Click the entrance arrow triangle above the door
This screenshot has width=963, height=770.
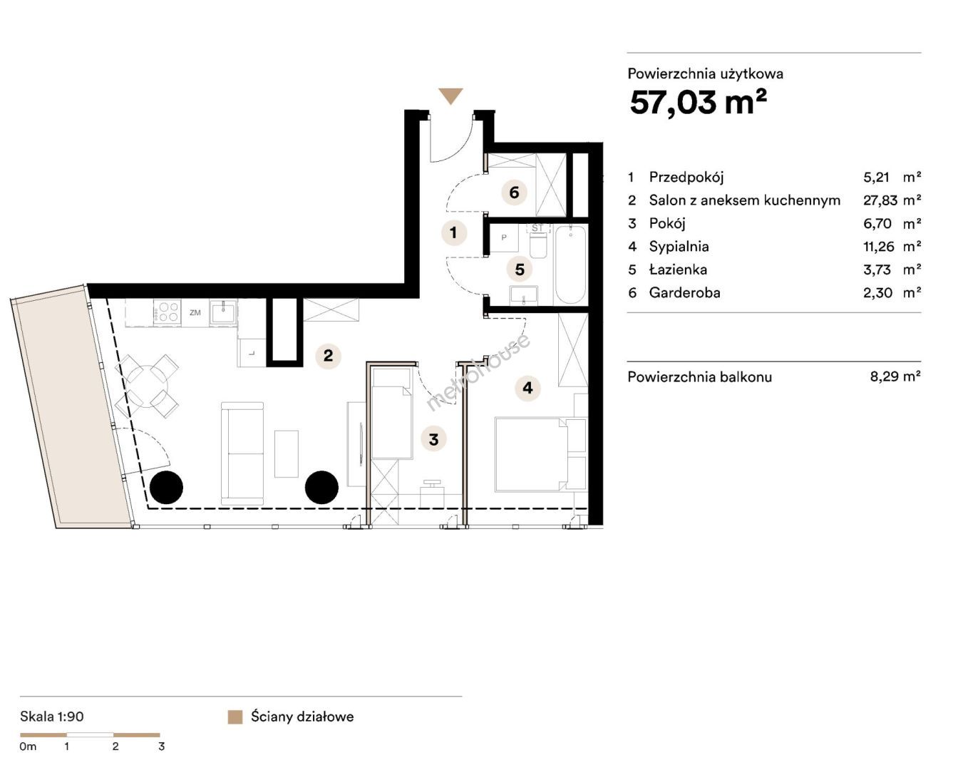tap(450, 96)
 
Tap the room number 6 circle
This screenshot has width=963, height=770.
tap(514, 192)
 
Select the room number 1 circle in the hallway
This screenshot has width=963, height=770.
tap(454, 232)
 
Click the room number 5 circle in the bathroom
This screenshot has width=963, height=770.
tap(520, 269)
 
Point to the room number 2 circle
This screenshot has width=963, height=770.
tap(329, 356)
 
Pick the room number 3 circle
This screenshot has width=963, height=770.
tap(433, 439)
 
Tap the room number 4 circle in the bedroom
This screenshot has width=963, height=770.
tap(528, 388)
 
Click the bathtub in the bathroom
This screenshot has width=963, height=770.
tap(570, 265)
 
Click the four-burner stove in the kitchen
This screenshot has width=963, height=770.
tap(167, 312)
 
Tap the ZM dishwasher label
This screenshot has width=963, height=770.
tap(195, 312)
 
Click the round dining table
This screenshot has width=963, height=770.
tap(147, 386)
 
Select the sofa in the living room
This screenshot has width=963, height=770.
tap(242, 453)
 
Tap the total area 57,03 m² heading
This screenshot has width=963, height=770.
tap(698, 102)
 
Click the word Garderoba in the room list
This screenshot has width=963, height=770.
tap(685, 293)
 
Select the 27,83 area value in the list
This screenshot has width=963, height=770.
tap(880, 200)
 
